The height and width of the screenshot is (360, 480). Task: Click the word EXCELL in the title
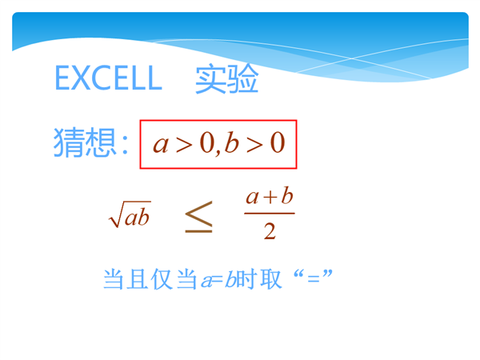108,78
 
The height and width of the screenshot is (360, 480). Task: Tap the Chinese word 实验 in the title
227,78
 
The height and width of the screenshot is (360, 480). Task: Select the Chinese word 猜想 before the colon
85,142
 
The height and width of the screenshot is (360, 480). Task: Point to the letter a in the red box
161,145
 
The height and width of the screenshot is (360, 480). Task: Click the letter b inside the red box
231,142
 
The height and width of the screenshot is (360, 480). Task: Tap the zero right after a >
207,143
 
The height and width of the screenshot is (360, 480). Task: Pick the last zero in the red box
278,143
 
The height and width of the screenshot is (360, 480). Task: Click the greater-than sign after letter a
184,145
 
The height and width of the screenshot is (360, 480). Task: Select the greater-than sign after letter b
254,145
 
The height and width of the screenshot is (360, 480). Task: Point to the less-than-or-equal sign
198,217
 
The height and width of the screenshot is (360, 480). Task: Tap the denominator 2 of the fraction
270,231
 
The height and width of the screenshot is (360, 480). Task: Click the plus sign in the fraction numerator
270,198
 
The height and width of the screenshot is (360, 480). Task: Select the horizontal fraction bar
270,213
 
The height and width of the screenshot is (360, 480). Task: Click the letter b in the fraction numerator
287,195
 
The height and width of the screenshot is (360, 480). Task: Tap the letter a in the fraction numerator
253,198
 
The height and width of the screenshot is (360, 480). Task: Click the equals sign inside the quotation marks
313,279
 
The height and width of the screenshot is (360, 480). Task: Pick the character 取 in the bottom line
270,279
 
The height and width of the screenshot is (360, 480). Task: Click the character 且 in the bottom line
138,279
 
